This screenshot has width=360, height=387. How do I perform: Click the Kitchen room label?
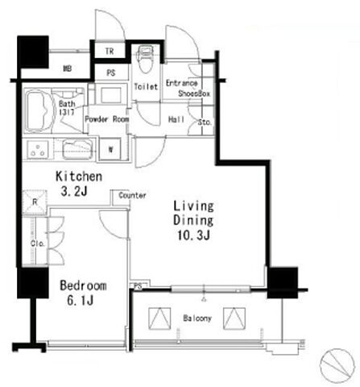click(79, 177)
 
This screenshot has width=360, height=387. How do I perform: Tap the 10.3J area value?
click(193, 235)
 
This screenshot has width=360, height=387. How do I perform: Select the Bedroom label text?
click(83, 285)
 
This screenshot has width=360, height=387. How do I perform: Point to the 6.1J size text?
click(81, 300)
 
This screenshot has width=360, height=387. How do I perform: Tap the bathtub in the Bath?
click(39, 110)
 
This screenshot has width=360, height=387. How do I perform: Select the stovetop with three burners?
click(38, 149)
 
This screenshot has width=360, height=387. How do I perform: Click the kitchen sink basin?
click(77, 150)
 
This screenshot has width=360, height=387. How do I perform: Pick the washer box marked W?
click(110, 149)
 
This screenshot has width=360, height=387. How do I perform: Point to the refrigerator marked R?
click(35, 202)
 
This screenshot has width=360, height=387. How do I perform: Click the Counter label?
click(132, 195)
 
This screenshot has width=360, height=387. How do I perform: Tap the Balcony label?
click(197, 318)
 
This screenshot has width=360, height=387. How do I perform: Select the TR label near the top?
click(110, 51)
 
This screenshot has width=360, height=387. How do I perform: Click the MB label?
click(68, 69)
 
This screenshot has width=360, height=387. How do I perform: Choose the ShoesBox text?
click(194, 94)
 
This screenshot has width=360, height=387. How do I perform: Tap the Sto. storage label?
click(205, 123)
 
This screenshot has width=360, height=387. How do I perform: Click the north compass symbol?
click(337, 364)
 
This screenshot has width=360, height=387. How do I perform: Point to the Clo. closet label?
click(38, 243)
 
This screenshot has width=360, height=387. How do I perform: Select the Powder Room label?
click(107, 119)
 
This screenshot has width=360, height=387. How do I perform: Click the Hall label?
click(176, 119)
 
